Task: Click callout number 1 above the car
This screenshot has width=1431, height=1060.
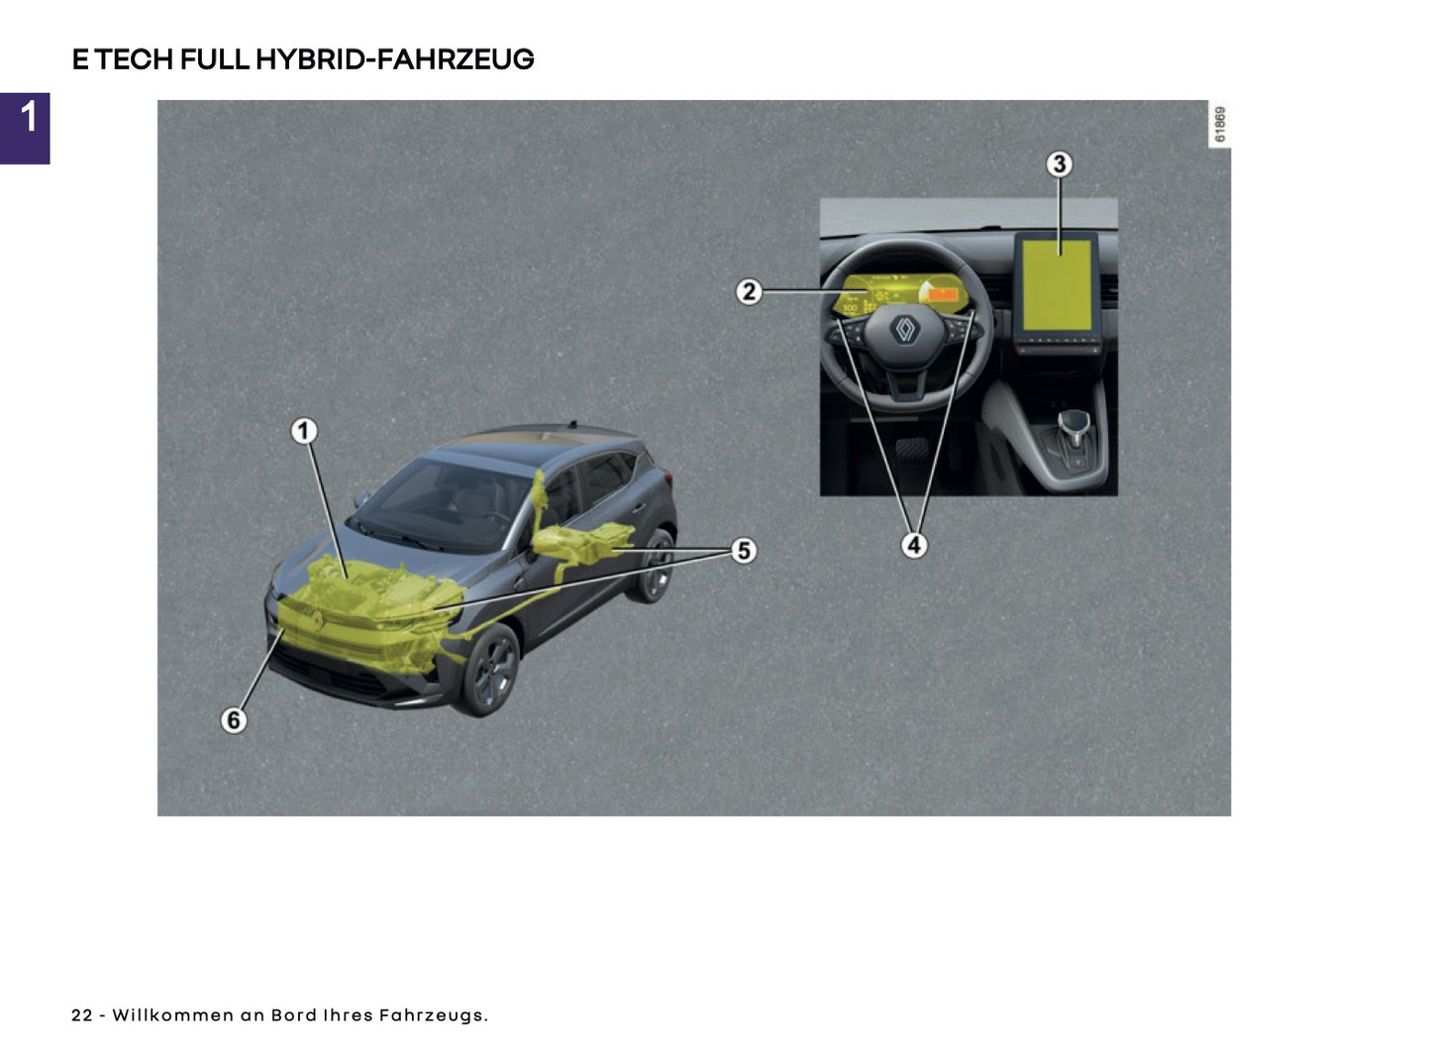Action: pyautogui.click(x=304, y=431)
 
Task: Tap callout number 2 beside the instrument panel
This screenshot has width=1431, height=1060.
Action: pyautogui.click(x=749, y=291)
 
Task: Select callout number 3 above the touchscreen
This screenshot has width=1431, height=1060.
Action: pyautogui.click(x=1059, y=163)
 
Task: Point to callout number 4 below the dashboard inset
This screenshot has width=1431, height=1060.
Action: pyautogui.click(x=913, y=545)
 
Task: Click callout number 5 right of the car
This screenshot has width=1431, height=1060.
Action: pyautogui.click(x=744, y=551)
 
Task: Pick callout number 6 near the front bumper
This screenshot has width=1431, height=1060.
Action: pyautogui.click(x=234, y=719)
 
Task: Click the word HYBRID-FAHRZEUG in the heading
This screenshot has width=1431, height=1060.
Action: pyautogui.click(x=394, y=59)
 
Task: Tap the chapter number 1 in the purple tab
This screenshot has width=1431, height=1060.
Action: pyautogui.click(x=28, y=117)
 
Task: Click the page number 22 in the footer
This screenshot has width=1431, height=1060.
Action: pyautogui.click(x=81, y=1015)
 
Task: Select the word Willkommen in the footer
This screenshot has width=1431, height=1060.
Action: pyautogui.click(x=172, y=1015)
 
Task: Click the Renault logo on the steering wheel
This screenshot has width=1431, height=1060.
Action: pyautogui.click(x=905, y=330)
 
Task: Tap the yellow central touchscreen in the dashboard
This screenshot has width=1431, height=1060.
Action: pyautogui.click(x=1057, y=284)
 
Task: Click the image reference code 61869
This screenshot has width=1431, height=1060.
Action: pyautogui.click(x=1220, y=125)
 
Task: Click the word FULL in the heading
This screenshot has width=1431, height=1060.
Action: pyautogui.click(x=214, y=59)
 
